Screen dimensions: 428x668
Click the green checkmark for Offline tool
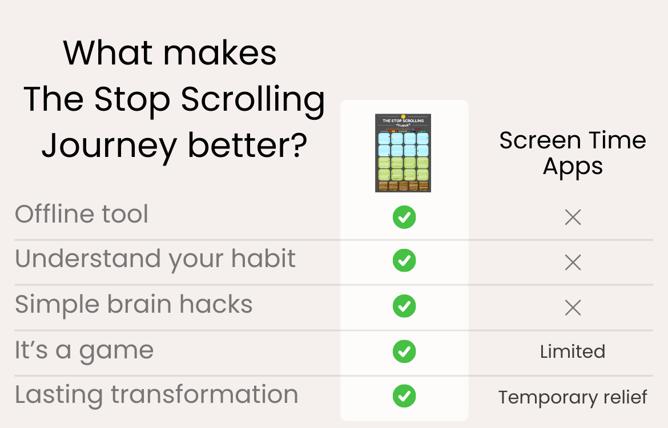[404, 217]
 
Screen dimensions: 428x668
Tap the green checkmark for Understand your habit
[404, 261]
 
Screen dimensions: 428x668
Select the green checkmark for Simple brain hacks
[404, 306]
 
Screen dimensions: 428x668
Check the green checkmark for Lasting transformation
[404, 396]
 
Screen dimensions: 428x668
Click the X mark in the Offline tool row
[573, 217]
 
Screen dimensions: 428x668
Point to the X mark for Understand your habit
[573, 263]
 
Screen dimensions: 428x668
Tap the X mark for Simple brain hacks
[573, 308]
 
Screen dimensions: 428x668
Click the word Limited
[573, 352]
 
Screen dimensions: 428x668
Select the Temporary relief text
[573, 397]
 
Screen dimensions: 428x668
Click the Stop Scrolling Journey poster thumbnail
[403, 153]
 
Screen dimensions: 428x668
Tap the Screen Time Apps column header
[573, 154]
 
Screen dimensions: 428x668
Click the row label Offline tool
[82, 215]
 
